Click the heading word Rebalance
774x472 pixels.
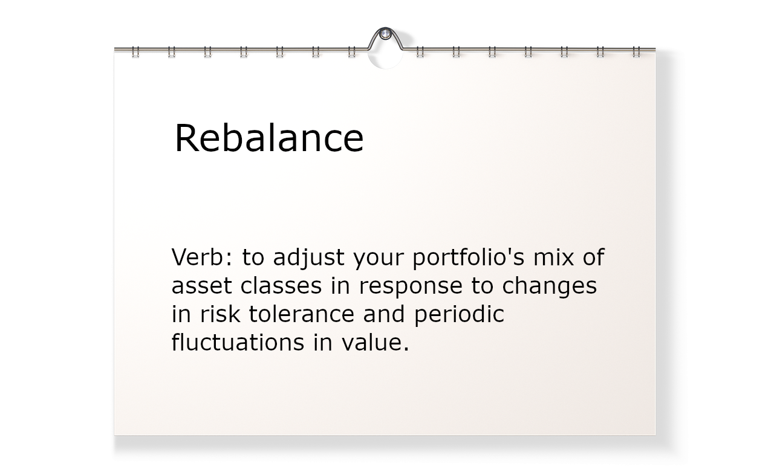coord(269,137)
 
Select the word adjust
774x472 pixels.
coord(308,258)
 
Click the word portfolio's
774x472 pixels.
coord(469,258)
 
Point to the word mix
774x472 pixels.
coord(553,257)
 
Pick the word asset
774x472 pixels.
coord(201,286)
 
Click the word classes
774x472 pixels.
coord(281,285)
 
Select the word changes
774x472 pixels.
coord(550,286)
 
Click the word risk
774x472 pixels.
coord(220,314)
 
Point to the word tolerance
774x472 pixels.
coord(302,314)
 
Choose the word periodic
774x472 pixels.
coord(459,315)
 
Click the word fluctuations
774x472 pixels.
coord(238,342)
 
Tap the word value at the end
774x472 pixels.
coord(376,342)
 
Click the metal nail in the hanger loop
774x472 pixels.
coord(385,34)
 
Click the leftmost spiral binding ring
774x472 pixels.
coord(135,52)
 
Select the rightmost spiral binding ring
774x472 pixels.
coord(636,52)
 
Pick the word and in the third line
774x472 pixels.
coord(384,314)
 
